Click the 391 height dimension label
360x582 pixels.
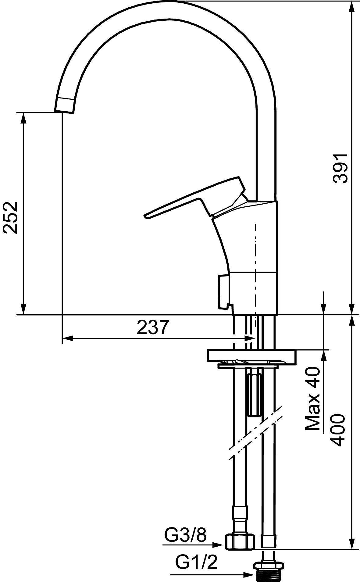(x=340, y=168)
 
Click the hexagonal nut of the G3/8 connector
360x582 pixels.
(x=240, y=541)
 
